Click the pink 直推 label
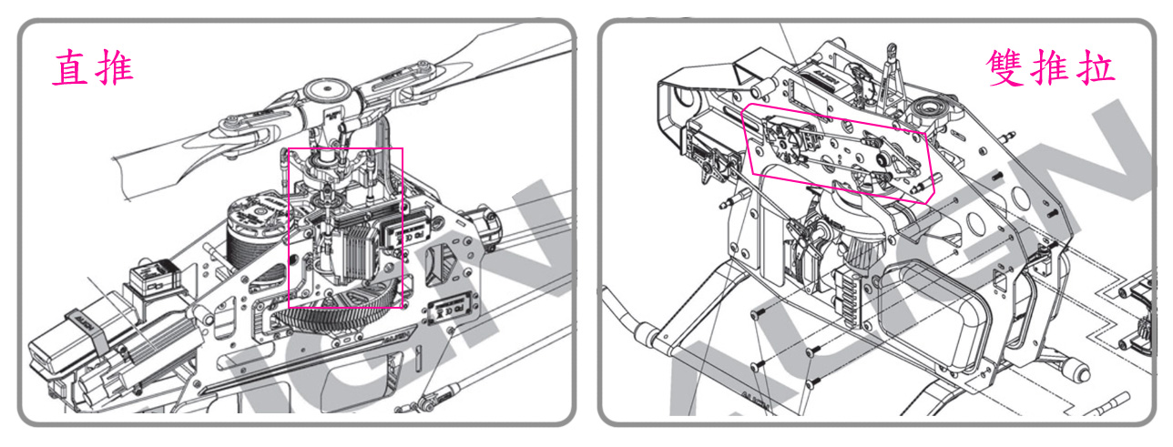93,67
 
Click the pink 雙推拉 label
1050,67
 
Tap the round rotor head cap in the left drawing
327,91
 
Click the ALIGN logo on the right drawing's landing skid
755,401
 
